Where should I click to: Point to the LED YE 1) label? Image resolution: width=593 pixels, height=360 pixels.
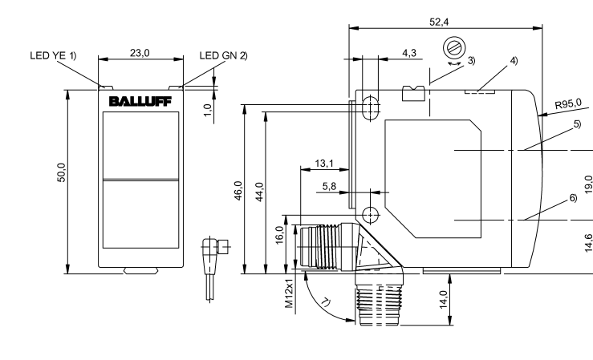coord(52,56)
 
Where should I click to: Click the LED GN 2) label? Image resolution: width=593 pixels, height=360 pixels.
coord(224,56)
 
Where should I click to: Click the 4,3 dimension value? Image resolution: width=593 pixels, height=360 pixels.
coord(408,52)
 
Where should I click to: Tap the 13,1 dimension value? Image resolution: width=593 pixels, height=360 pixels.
coord(325,163)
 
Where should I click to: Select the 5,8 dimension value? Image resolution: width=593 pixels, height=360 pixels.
coord(330,186)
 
